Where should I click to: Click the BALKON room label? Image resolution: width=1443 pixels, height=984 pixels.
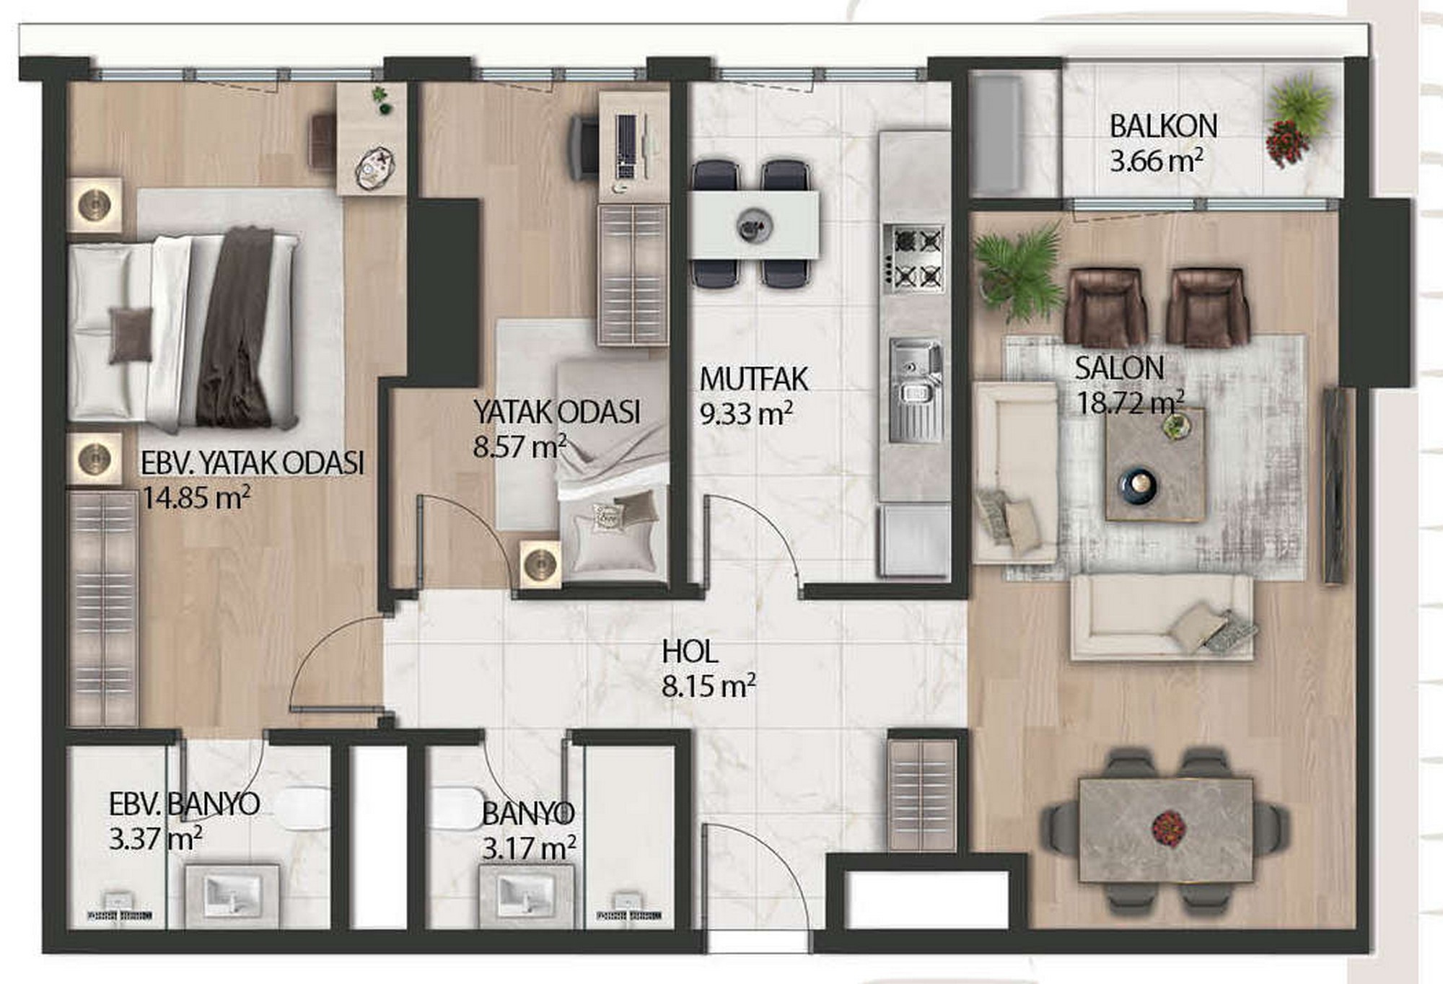tap(1163, 126)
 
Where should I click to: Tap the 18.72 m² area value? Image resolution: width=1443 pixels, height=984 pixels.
tap(1130, 403)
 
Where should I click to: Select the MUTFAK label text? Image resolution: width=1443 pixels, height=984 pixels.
tap(753, 379)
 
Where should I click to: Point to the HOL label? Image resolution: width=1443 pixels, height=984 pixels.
tap(690, 652)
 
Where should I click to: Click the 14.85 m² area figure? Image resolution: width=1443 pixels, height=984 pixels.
tap(196, 498)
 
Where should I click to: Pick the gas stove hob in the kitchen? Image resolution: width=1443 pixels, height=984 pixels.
tap(914, 258)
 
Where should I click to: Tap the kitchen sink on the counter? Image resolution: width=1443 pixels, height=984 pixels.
tap(916, 390)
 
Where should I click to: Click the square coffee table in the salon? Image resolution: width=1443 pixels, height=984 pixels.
tap(1155, 464)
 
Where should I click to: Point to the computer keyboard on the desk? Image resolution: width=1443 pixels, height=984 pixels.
tap(625, 147)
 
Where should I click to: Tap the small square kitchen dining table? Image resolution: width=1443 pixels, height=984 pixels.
tap(754, 224)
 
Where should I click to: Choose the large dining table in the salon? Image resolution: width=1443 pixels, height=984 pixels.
tap(1165, 830)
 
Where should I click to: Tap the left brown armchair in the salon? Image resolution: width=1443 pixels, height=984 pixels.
tap(1105, 306)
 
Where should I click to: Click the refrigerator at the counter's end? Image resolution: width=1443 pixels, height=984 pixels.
tap(913, 540)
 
